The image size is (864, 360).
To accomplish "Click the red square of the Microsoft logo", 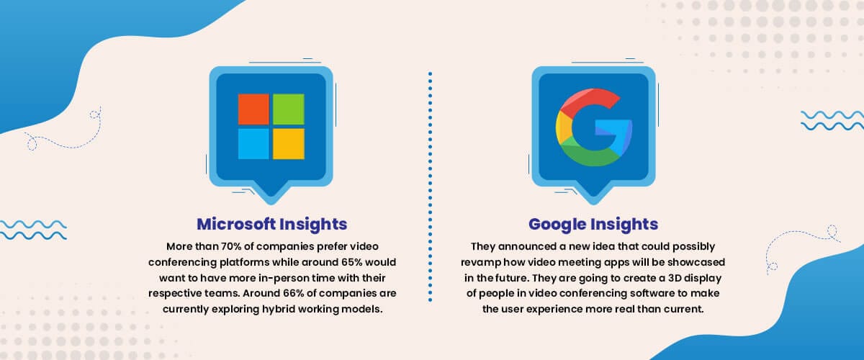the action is pyautogui.click(x=253, y=109).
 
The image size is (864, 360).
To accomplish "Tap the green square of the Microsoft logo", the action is pyautogui.click(x=289, y=109).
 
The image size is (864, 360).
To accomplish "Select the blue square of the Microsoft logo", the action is pyautogui.click(x=253, y=144).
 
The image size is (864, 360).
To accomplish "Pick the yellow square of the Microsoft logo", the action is pyautogui.click(x=289, y=144).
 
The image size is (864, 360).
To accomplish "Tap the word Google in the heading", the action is pyautogui.click(x=557, y=225).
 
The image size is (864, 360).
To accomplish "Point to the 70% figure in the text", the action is pyautogui.click(x=231, y=246).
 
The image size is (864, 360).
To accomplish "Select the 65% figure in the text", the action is pyautogui.click(x=352, y=262).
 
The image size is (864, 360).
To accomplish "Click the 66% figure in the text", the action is pyautogui.click(x=294, y=293).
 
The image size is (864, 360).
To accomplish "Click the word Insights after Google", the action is pyautogui.click(x=624, y=225).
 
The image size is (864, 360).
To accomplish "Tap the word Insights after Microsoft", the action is pyautogui.click(x=313, y=225).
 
